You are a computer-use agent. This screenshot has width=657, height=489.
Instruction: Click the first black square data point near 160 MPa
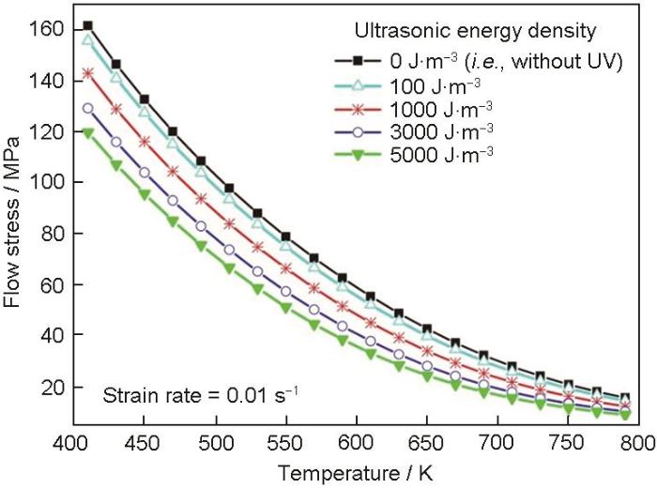click(88, 26)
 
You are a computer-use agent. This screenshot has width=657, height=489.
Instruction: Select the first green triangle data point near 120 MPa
click(88, 133)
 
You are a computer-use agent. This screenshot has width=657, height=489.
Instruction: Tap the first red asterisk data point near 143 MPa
click(88, 73)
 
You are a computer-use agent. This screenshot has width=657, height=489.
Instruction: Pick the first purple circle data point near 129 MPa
click(88, 108)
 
